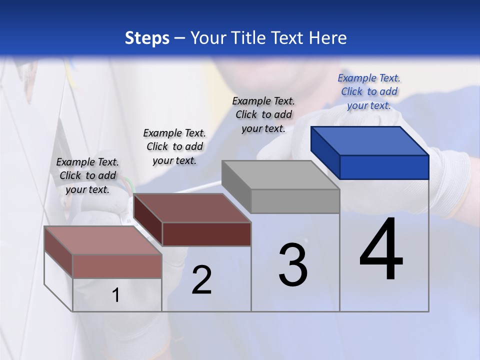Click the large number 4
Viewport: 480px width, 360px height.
(381, 250)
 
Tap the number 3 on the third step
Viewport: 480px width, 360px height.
(293, 265)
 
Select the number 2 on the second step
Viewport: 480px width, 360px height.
(202, 280)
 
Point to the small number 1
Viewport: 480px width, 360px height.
(116, 295)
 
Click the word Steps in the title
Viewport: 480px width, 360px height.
(147, 38)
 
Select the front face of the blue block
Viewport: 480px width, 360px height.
(384, 167)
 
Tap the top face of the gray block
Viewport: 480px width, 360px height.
(280, 175)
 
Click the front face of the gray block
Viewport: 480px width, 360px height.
(295, 201)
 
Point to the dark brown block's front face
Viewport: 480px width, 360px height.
(206, 234)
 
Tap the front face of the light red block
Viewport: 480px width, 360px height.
(117, 266)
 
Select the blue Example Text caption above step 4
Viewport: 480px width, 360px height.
(369, 91)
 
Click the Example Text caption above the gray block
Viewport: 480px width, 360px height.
(263, 114)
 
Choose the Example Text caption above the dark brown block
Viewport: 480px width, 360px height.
(174, 146)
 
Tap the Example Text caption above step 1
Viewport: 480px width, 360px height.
(87, 175)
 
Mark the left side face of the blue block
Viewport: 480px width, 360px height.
(325, 152)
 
